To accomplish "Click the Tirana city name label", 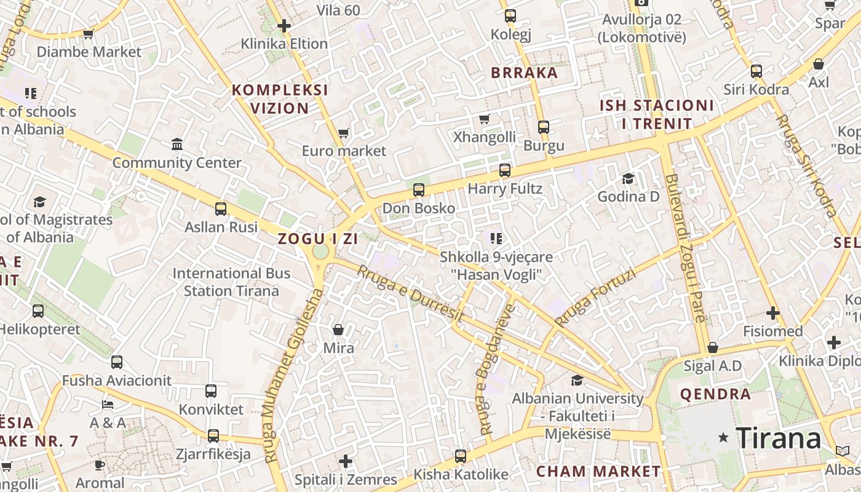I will (x=779, y=438).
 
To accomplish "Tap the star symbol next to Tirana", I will (x=724, y=438).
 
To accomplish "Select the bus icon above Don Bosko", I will (x=419, y=189).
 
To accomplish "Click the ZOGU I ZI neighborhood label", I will (x=317, y=239).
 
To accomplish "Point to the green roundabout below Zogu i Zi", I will (x=320, y=252).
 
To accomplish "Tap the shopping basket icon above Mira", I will (x=338, y=330).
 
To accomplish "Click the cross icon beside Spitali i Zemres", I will (x=346, y=461).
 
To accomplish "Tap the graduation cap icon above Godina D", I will (x=628, y=178).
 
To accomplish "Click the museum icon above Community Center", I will (x=177, y=145).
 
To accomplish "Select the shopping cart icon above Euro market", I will (x=344, y=133).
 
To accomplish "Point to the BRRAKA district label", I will (x=524, y=73).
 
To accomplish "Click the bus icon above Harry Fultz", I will (x=505, y=170).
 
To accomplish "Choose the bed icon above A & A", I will (x=108, y=405).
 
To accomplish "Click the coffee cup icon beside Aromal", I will (x=100, y=464).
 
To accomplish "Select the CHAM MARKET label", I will (x=598, y=472).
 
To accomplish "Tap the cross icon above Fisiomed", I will (x=773, y=313).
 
